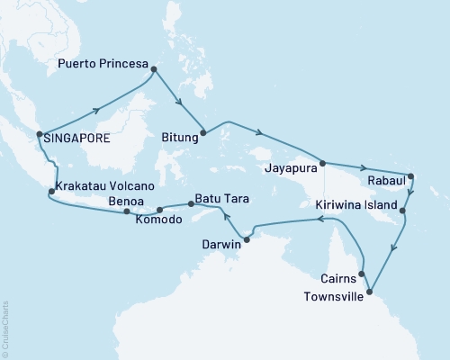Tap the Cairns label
pos(338,278)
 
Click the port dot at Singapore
pos(39,136)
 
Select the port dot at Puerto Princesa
pos(154,69)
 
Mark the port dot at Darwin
pos(247,238)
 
